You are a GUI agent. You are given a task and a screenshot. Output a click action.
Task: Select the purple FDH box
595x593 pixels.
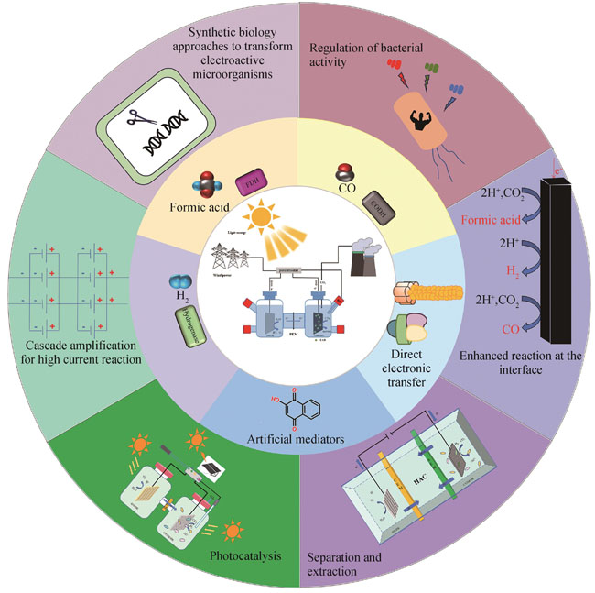pos(250,183)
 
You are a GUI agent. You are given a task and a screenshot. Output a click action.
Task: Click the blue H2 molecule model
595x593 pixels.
pos(180,287)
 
